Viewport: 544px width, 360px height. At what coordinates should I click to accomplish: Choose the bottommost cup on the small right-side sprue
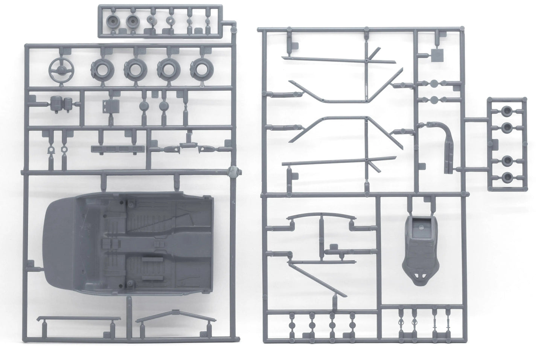507,176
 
